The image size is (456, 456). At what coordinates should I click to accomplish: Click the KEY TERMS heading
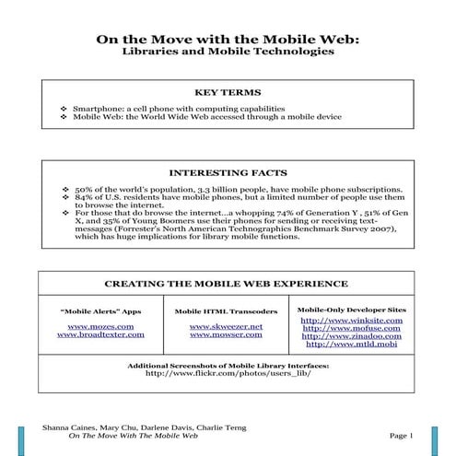228,93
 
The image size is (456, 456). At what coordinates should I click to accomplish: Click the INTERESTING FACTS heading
228,172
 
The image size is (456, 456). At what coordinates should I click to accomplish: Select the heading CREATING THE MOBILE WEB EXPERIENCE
228,285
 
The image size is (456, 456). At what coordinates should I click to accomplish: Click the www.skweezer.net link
226,326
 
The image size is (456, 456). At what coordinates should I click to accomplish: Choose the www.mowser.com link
226,335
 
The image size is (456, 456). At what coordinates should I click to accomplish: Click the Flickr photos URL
228,374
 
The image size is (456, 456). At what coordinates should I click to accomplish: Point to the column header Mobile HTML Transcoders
226,311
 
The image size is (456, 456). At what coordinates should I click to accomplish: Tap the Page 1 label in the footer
403,434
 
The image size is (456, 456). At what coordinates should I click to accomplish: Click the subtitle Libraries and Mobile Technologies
228,53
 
